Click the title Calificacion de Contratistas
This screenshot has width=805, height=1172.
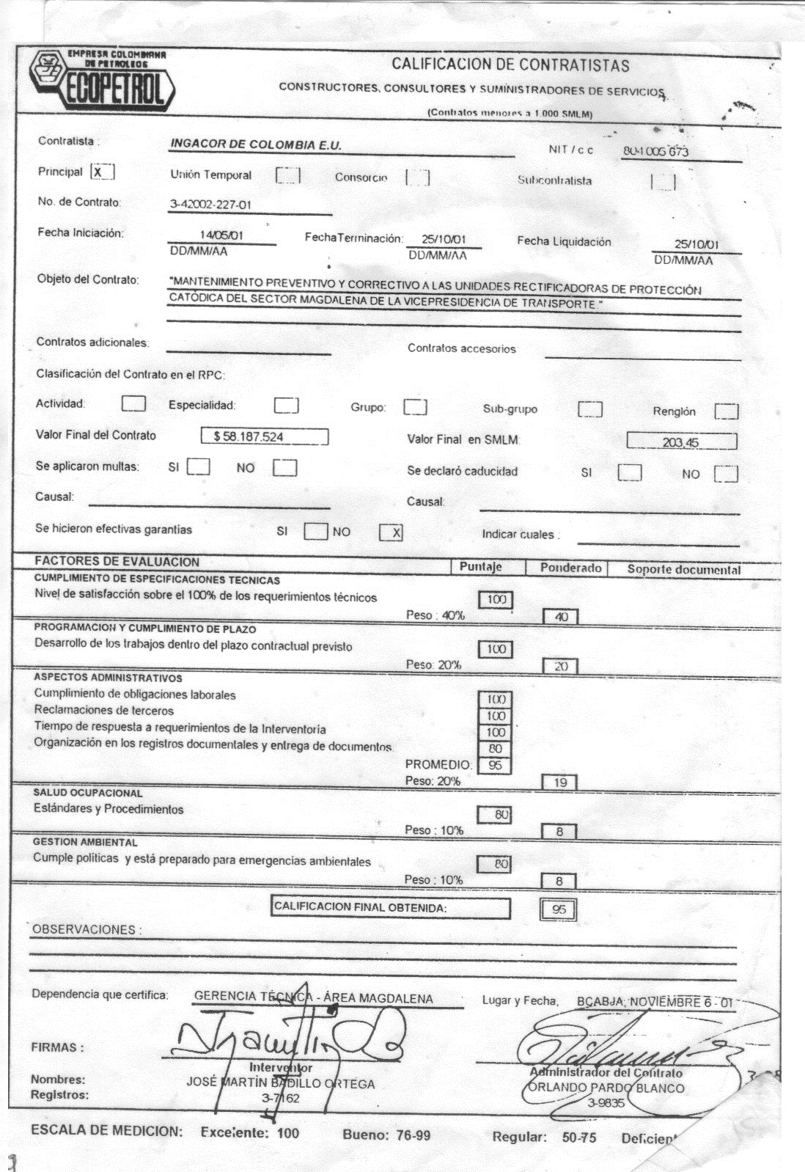coord(510,65)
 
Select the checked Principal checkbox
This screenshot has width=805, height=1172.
coord(102,172)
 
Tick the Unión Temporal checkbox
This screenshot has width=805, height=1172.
coord(288,175)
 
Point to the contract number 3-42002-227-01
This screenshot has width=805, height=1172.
coord(210,205)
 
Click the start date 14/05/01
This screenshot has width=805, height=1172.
coord(221,236)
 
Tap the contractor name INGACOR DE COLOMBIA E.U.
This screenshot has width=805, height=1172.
coord(256,145)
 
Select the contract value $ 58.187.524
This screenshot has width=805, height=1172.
coord(265,436)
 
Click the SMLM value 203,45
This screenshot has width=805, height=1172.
coord(682,442)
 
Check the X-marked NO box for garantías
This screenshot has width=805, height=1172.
coord(391,533)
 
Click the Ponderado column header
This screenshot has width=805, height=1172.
coord(570,568)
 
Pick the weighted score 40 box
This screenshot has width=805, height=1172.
coord(561,617)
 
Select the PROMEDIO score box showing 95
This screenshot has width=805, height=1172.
coord(496,765)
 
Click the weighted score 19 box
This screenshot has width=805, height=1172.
coord(560,782)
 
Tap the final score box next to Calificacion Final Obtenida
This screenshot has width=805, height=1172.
coord(559,909)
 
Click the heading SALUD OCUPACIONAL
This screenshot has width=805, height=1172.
coord(88,793)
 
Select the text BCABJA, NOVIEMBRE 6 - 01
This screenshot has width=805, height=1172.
coord(654,1002)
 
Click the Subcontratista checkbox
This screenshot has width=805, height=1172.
coord(664,181)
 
